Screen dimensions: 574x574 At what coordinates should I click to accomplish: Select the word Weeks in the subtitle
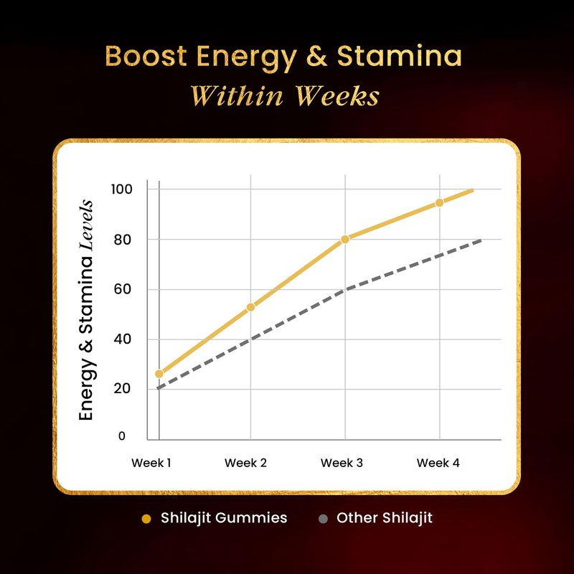pos(335,96)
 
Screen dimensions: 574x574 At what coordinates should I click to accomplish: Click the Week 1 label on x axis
pos(151,463)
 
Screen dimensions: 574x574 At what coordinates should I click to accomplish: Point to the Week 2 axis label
pos(245,463)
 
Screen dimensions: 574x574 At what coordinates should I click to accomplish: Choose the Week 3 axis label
pos(342,463)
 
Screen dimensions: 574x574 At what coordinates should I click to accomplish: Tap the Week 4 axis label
pos(438,463)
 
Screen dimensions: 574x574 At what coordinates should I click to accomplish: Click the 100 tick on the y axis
pos(121,189)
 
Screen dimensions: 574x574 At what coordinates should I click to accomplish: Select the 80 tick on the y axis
pos(123,239)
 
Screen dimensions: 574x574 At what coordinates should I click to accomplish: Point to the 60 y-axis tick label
pos(123,289)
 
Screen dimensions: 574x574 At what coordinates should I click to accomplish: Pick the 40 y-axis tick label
pos(123,339)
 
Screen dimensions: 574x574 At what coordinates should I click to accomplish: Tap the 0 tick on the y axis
pos(121,436)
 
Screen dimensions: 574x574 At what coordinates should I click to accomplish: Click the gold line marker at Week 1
pos(159,374)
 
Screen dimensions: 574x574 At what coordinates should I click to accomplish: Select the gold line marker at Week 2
pos(250,307)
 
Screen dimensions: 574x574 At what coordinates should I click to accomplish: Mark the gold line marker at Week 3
pos(345,239)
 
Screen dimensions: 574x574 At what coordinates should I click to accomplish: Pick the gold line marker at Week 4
pos(439,203)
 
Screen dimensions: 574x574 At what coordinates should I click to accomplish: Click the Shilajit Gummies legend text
pos(224,518)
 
